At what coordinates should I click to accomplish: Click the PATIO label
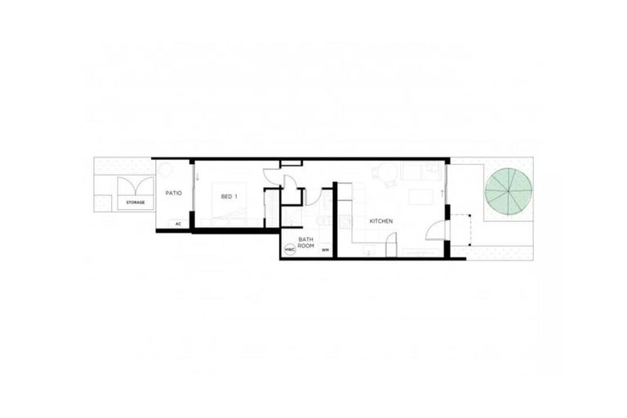click(x=173, y=193)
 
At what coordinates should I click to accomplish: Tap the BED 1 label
click(x=229, y=197)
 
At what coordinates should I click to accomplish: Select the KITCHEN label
click(x=381, y=222)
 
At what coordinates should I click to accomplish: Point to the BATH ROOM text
click(x=306, y=242)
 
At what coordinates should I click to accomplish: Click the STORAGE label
click(x=136, y=202)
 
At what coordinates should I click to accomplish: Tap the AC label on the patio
click(x=177, y=222)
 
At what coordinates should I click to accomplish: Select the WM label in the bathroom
click(x=325, y=250)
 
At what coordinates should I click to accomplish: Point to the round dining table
click(x=384, y=173)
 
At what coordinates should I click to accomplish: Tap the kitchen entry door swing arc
click(x=436, y=229)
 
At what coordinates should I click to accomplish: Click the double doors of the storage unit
click(x=136, y=187)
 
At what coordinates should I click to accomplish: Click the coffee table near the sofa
click(x=420, y=197)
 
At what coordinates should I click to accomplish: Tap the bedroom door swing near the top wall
click(x=272, y=175)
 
